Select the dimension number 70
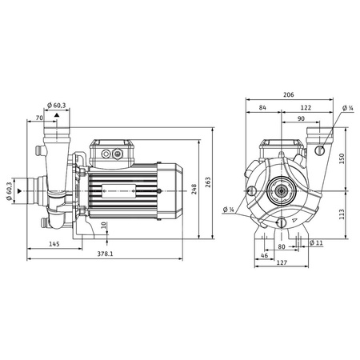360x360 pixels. pyautogui.click(x=40, y=118)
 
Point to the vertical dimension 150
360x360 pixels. pyautogui.click(x=342, y=157)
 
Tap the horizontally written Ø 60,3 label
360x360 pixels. pyautogui.click(x=58, y=105)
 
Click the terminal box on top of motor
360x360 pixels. pyautogui.click(x=114, y=151)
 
